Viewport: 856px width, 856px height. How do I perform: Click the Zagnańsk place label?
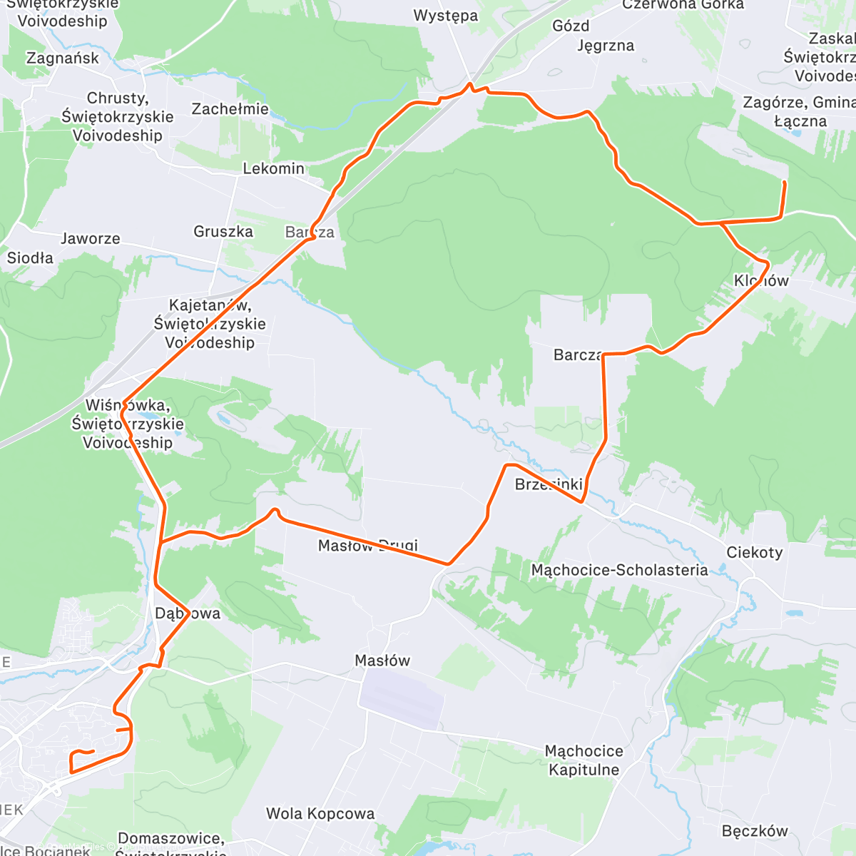click(63, 58)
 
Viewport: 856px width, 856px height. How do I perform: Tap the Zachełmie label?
click(230, 109)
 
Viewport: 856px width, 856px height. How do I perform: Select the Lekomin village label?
click(273, 169)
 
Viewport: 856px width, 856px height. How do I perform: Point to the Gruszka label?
click(223, 232)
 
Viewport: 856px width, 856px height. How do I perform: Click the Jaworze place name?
click(91, 239)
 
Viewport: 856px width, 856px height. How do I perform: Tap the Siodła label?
click(30, 258)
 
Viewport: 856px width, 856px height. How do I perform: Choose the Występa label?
click(446, 16)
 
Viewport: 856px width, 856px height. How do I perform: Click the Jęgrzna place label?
click(605, 46)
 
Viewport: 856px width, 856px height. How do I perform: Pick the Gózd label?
click(571, 26)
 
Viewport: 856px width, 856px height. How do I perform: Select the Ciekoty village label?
click(754, 552)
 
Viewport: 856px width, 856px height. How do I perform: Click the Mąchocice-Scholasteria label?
click(619, 570)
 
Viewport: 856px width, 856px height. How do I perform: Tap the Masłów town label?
click(382, 661)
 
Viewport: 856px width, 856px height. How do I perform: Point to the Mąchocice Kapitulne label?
click(584, 760)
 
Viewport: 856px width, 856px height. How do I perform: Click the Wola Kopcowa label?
click(320, 814)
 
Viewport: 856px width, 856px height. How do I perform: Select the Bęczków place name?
click(754, 831)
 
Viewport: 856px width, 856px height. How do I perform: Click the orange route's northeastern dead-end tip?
click(785, 183)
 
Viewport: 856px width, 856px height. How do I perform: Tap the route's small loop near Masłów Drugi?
click(274, 512)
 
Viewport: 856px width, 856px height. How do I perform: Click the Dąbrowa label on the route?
click(188, 613)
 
